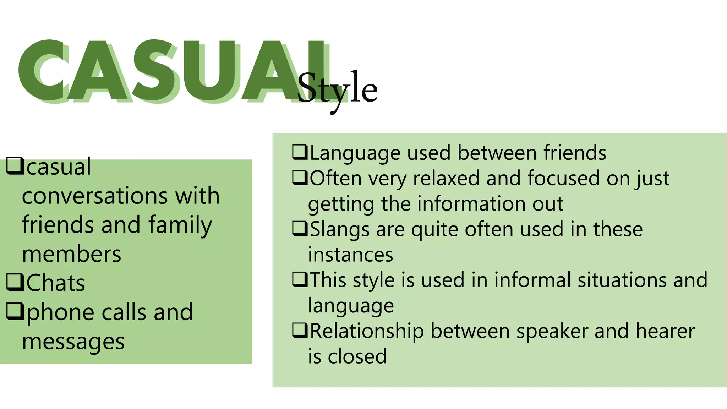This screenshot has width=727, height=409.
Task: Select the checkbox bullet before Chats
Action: (15, 283)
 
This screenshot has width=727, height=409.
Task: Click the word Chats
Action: (56, 283)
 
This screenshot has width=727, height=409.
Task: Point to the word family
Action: (180, 225)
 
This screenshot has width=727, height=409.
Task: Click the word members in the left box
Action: (72, 254)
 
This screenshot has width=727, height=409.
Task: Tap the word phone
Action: (61, 313)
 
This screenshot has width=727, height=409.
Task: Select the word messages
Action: (73, 342)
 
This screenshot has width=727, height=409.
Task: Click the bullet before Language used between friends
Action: (300, 152)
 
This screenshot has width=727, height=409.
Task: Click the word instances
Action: (350, 255)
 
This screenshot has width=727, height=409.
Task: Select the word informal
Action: (532, 280)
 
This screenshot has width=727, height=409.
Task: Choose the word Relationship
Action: (367, 331)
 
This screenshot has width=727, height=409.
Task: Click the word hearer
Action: (665, 331)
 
